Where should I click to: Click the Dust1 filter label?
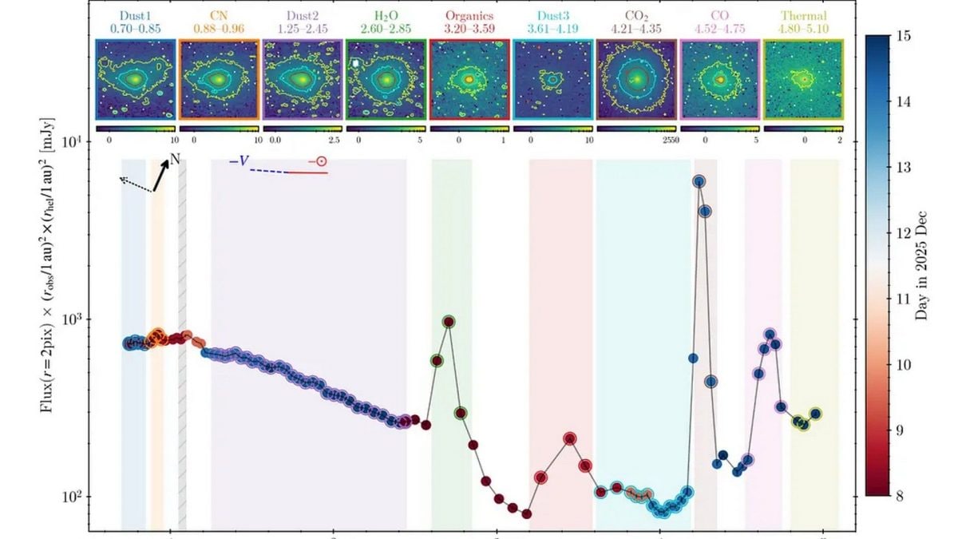[135, 15]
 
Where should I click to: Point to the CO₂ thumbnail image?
[636, 80]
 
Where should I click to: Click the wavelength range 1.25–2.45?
[302, 29]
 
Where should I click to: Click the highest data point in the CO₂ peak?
[699, 182]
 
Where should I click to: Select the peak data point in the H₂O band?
[449, 322]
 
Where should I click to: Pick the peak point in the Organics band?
[570, 438]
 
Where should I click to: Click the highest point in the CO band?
[770, 335]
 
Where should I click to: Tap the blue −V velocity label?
[239, 162]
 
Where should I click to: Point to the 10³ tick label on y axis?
[77, 319]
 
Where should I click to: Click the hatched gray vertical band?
[182, 343]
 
